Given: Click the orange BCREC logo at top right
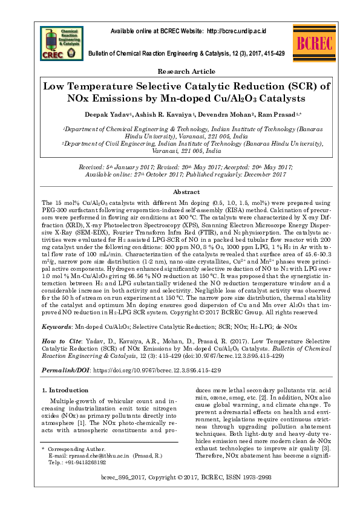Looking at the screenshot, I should point(314,43).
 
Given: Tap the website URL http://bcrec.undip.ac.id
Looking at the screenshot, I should point(237,31).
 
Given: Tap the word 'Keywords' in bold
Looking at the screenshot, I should point(56,325).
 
